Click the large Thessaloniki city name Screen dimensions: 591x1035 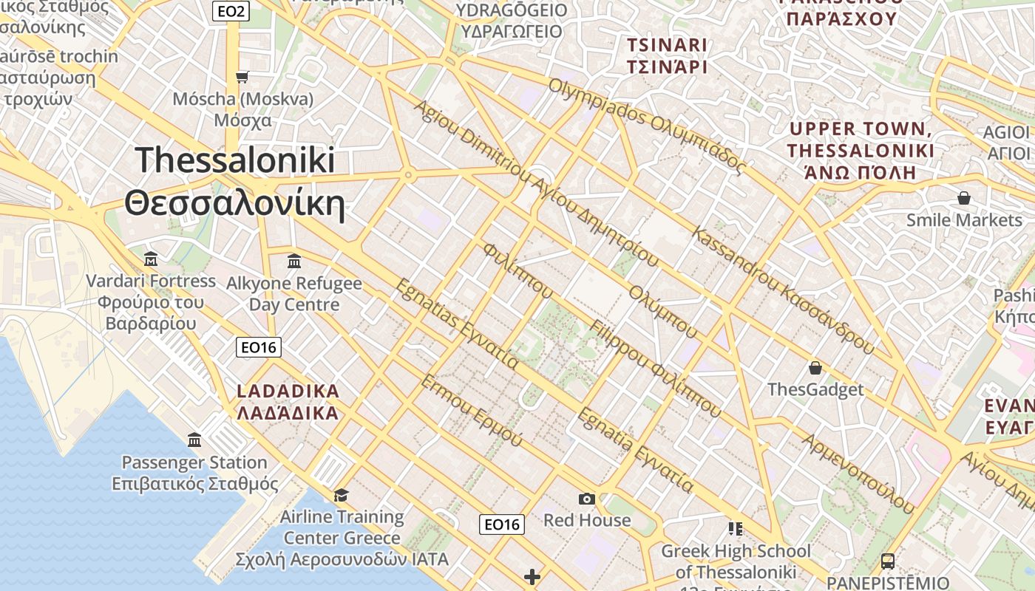pyautogui.click(x=235, y=181)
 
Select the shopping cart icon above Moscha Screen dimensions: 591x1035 pyautogui.click(x=242, y=77)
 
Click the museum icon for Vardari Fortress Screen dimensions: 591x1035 pyautogui.click(x=151, y=259)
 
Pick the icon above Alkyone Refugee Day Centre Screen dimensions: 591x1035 pyautogui.click(x=294, y=261)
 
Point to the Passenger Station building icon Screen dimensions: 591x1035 pyautogui.click(x=194, y=440)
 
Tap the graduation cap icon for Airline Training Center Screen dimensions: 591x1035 pyautogui.click(x=341, y=494)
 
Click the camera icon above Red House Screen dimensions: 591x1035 pyautogui.click(x=587, y=499)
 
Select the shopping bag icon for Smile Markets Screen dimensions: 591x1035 pyautogui.click(x=963, y=198)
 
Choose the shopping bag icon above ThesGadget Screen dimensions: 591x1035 pyautogui.click(x=815, y=367)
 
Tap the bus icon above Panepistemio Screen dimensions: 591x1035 pyautogui.click(x=888, y=561)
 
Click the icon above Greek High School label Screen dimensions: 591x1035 pyautogui.click(x=736, y=528)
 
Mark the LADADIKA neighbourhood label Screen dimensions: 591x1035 pyautogui.click(x=288, y=402)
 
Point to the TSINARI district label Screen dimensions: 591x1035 pyautogui.click(x=668, y=55)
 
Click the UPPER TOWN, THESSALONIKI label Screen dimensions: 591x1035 pyautogui.click(x=861, y=151)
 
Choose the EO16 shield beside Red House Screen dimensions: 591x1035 pyautogui.click(x=502, y=525)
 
